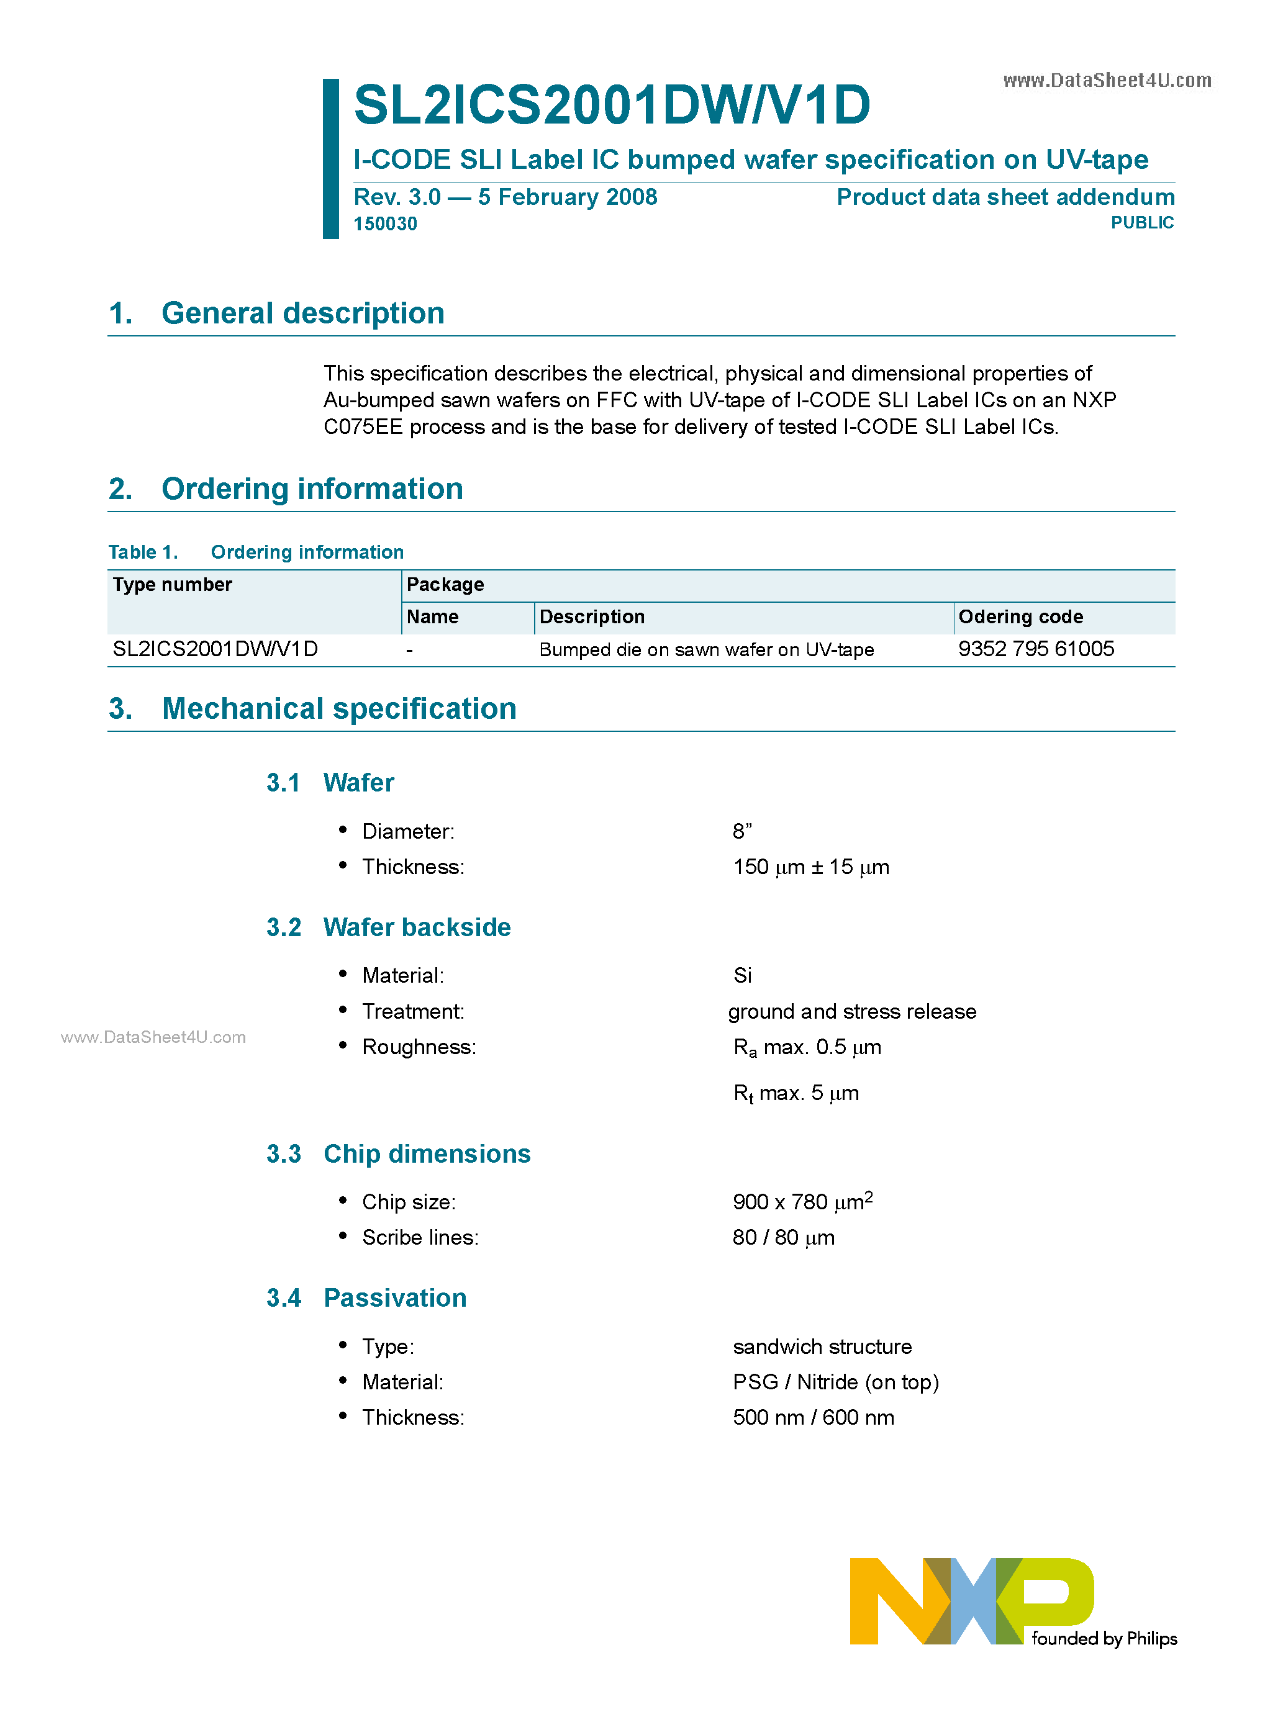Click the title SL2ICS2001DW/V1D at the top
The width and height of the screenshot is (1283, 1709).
(x=611, y=104)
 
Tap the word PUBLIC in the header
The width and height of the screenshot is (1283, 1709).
(x=1141, y=222)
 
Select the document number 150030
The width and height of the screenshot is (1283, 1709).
(x=385, y=223)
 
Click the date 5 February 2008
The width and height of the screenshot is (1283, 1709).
(x=568, y=197)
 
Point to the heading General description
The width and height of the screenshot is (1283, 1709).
(x=302, y=313)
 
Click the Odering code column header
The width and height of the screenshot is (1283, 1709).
(x=1020, y=616)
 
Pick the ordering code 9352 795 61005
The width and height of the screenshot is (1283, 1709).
(x=1036, y=649)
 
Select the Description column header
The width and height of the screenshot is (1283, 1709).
(x=591, y=616)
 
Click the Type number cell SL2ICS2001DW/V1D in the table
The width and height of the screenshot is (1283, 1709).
(x=215, y=649)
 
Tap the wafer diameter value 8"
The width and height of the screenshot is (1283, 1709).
(x=742, y=831)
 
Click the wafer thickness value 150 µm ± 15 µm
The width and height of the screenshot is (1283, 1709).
(x=811, y=867)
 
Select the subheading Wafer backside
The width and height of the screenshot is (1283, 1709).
(x=417, y=927)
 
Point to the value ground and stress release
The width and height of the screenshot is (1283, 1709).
(x=852, y=1011)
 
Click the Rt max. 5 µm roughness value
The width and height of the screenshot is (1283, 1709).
(x=796, y=1093)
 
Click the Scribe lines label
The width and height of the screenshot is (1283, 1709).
(x=420, y=1238)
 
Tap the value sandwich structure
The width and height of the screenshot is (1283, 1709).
(x=822, y=1346)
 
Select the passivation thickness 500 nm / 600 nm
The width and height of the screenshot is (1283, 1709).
(x=813, y=1418)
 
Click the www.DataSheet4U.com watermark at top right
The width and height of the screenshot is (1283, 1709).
(x=1107, y=80)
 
